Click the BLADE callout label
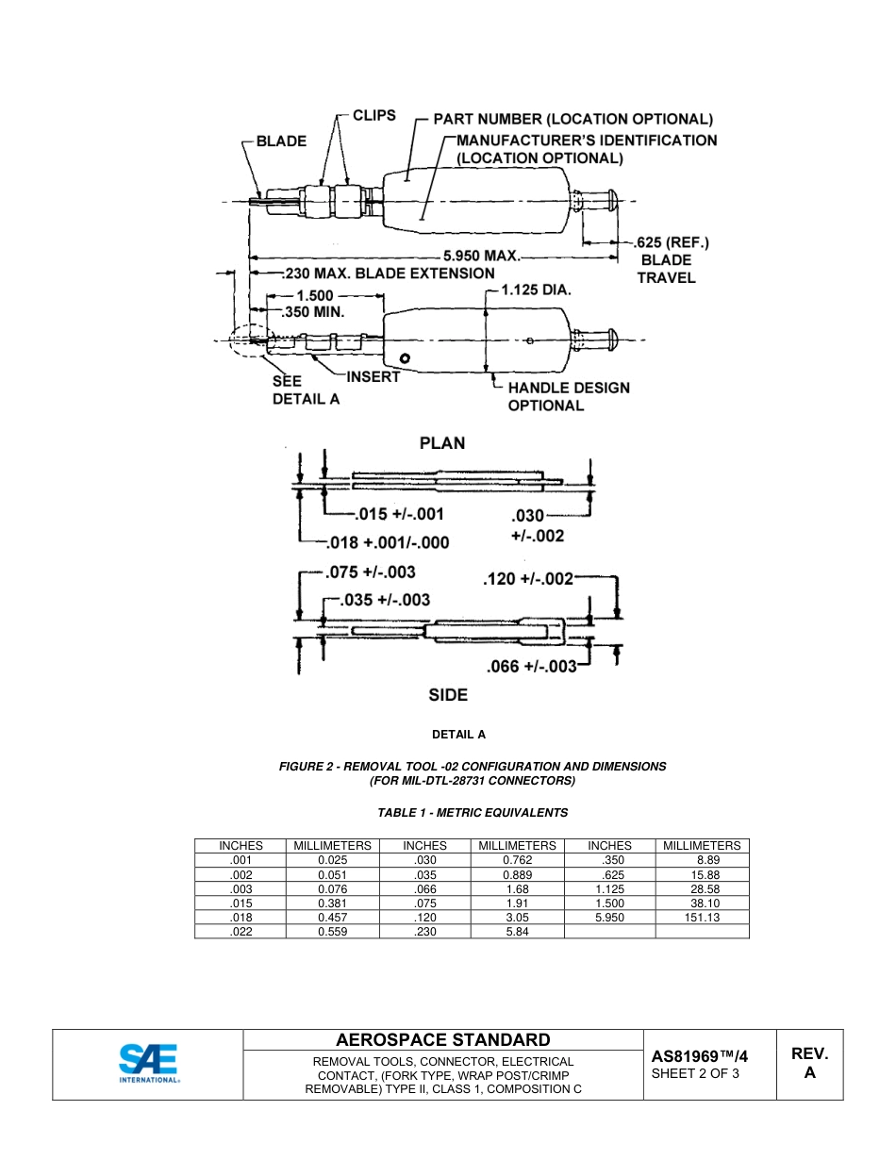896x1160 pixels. (x=281, y=141)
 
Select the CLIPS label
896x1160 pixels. (x=373, y=116)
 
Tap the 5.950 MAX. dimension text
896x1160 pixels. (x=482, y=255)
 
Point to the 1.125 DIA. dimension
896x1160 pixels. (x=536, y=290)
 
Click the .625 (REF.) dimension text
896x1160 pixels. (x=672, y=242)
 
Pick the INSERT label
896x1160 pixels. (x=373, y=377)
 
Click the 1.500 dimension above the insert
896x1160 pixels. (x=307, y=295)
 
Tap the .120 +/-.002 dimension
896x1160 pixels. (x=527, y=578)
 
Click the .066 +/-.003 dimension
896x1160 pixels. (x=531, y=667)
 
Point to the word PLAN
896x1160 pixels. (x=442, y=443)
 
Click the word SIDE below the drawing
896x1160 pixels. (x=448, y=695)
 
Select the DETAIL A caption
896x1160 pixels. (x=458, y=734)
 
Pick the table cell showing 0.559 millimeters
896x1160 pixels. (x=333, y=931)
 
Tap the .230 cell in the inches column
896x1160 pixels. (x=424, y=931)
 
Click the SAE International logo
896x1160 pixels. (x=148, y=1064)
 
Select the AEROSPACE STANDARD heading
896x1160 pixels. (x=442, y=1040)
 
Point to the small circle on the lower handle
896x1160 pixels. (x=405, y=358)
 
